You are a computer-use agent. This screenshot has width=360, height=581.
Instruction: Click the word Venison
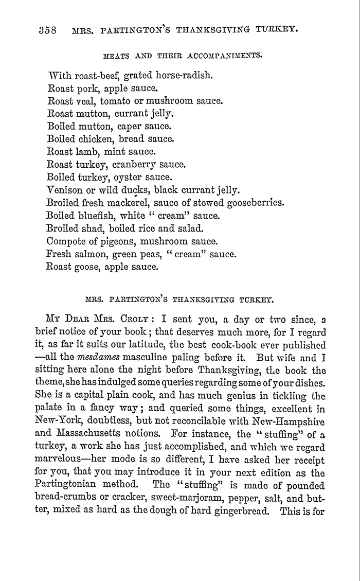coord(65,190)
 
